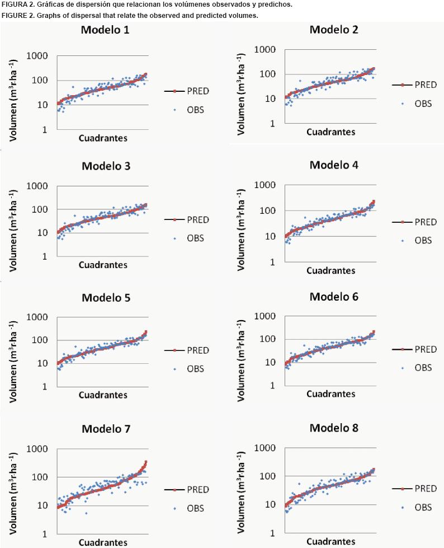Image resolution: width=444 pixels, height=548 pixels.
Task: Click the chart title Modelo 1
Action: (x=105, y=30)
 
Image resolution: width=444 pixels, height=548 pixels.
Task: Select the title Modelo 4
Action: (x=334, y=165)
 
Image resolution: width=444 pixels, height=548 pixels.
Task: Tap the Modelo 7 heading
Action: (x=106, y=429)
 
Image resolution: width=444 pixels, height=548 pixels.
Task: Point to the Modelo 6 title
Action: (x=334, y=296)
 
